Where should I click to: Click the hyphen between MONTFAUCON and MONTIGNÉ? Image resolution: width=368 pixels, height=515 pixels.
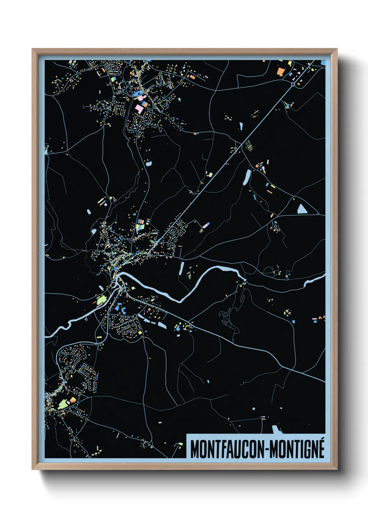tap(267, 450)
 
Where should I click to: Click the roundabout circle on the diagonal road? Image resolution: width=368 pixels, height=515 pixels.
tap(293, 84)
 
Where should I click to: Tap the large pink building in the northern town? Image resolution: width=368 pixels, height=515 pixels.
tap(139, 108)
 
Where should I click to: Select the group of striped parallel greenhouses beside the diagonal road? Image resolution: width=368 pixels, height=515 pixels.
tap(248, 145)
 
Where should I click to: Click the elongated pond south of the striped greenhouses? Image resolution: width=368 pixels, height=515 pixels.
tap(247, 177)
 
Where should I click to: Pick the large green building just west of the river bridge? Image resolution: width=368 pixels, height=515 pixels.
tap(101, 300)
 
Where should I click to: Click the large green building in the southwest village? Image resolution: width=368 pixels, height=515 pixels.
tap(63, 404)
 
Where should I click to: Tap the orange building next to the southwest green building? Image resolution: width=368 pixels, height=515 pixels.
tap(72, 400)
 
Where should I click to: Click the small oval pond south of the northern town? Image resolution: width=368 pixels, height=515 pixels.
tap(149, 163)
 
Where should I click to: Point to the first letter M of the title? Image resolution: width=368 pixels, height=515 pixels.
tap(194, 449)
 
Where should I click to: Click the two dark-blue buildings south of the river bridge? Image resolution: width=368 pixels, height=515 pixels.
tap(120, 308)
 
